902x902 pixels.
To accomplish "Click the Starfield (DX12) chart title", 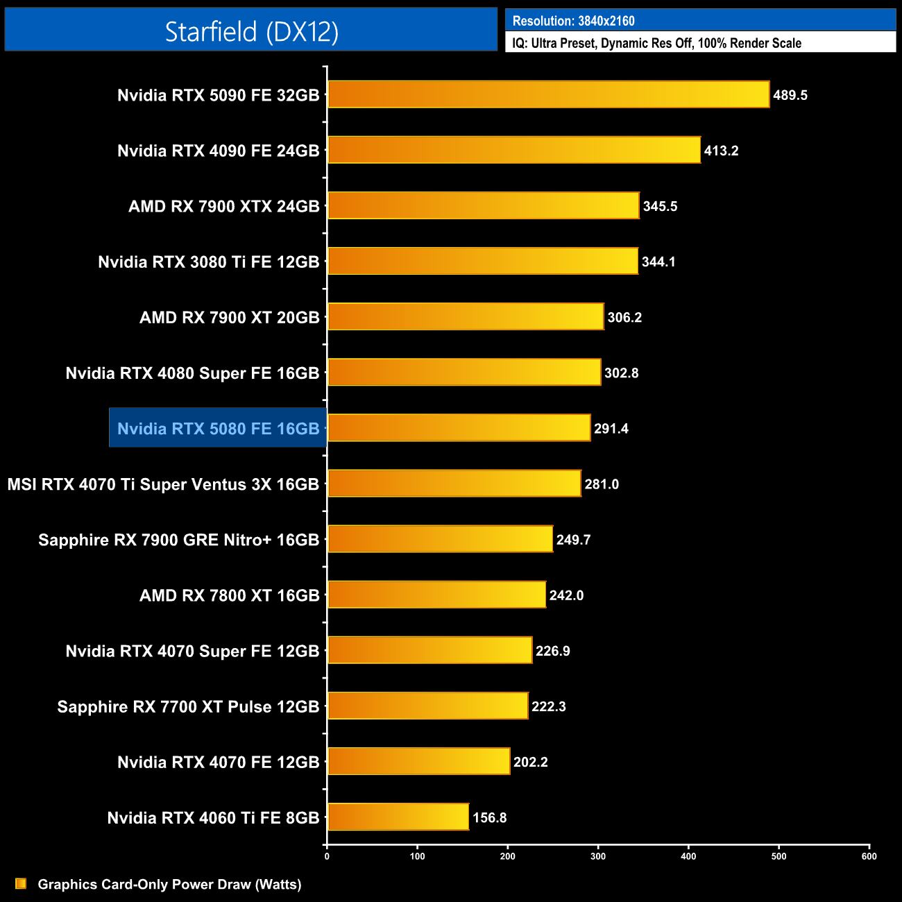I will (x=251, y=31).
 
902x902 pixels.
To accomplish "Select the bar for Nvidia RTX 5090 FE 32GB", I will (x=548, y=94).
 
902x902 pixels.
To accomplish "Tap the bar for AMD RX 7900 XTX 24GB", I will (x=483, y=205).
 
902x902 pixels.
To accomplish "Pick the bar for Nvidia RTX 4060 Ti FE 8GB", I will (x=398, y=817).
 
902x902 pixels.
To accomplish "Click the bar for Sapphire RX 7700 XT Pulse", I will (x=427, y=706).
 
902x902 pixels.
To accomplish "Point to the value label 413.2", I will (x=721, y=151).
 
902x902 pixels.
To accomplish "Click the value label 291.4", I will (x=611, y=429).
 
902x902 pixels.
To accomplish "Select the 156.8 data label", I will (x=490, y=817).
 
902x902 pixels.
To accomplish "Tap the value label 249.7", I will (x=574, y=540).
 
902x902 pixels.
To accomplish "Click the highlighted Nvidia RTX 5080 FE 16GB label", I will (x=218, y=429).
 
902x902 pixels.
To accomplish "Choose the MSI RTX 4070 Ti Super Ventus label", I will (x=163, y=484).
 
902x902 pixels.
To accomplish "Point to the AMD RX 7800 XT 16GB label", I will (x=230, y=595).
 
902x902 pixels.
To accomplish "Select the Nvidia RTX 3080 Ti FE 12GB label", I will (x=209, y=262).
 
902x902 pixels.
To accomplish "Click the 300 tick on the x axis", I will (x=598, y=856).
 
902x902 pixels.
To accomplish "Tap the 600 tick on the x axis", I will (x=869, y=856).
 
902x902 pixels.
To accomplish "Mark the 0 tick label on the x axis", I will (x=327, y=856).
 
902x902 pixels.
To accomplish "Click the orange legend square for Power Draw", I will (x=21, y=883).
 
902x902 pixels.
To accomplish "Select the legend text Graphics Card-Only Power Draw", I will (x=169, y=884).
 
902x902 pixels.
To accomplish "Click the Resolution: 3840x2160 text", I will (x=573, y=21).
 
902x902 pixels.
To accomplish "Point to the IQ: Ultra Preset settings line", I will (x=656, y=43).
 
